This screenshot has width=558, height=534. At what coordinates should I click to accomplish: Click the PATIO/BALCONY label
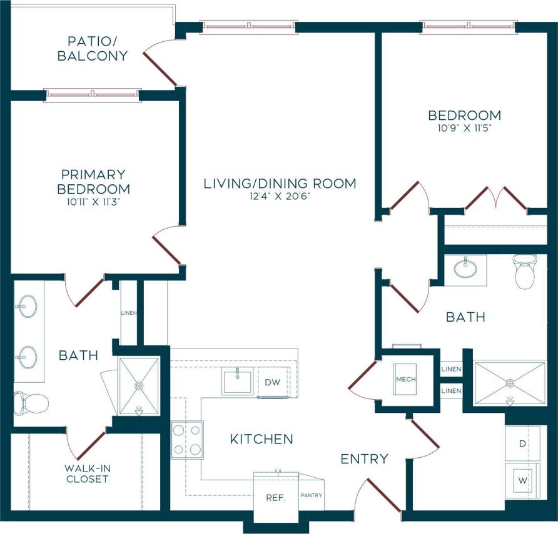point(93,49)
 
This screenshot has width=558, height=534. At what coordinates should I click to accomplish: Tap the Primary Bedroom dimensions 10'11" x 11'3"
point(93,202)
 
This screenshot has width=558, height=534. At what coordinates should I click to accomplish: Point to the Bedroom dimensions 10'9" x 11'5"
point(464,129)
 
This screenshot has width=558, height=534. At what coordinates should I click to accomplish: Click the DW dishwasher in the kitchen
point(272,382)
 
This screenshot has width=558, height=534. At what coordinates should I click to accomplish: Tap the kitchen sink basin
point(238,382)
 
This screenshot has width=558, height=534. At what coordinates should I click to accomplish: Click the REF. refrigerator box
point(276,498)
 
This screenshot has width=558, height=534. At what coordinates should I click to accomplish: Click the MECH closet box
point(405,379)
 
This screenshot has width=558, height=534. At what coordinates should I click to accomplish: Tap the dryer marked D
point(522,444)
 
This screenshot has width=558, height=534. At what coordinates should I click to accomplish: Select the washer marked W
point(522,482)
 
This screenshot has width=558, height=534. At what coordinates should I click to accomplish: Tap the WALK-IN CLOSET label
point(86,473)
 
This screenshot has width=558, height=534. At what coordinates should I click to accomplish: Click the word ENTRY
point(364,459)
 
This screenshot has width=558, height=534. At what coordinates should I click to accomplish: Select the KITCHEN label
point(261,439)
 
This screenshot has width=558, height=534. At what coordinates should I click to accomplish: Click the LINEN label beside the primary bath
point(128,313)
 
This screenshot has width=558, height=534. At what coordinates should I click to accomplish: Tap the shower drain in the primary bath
point(139,386)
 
